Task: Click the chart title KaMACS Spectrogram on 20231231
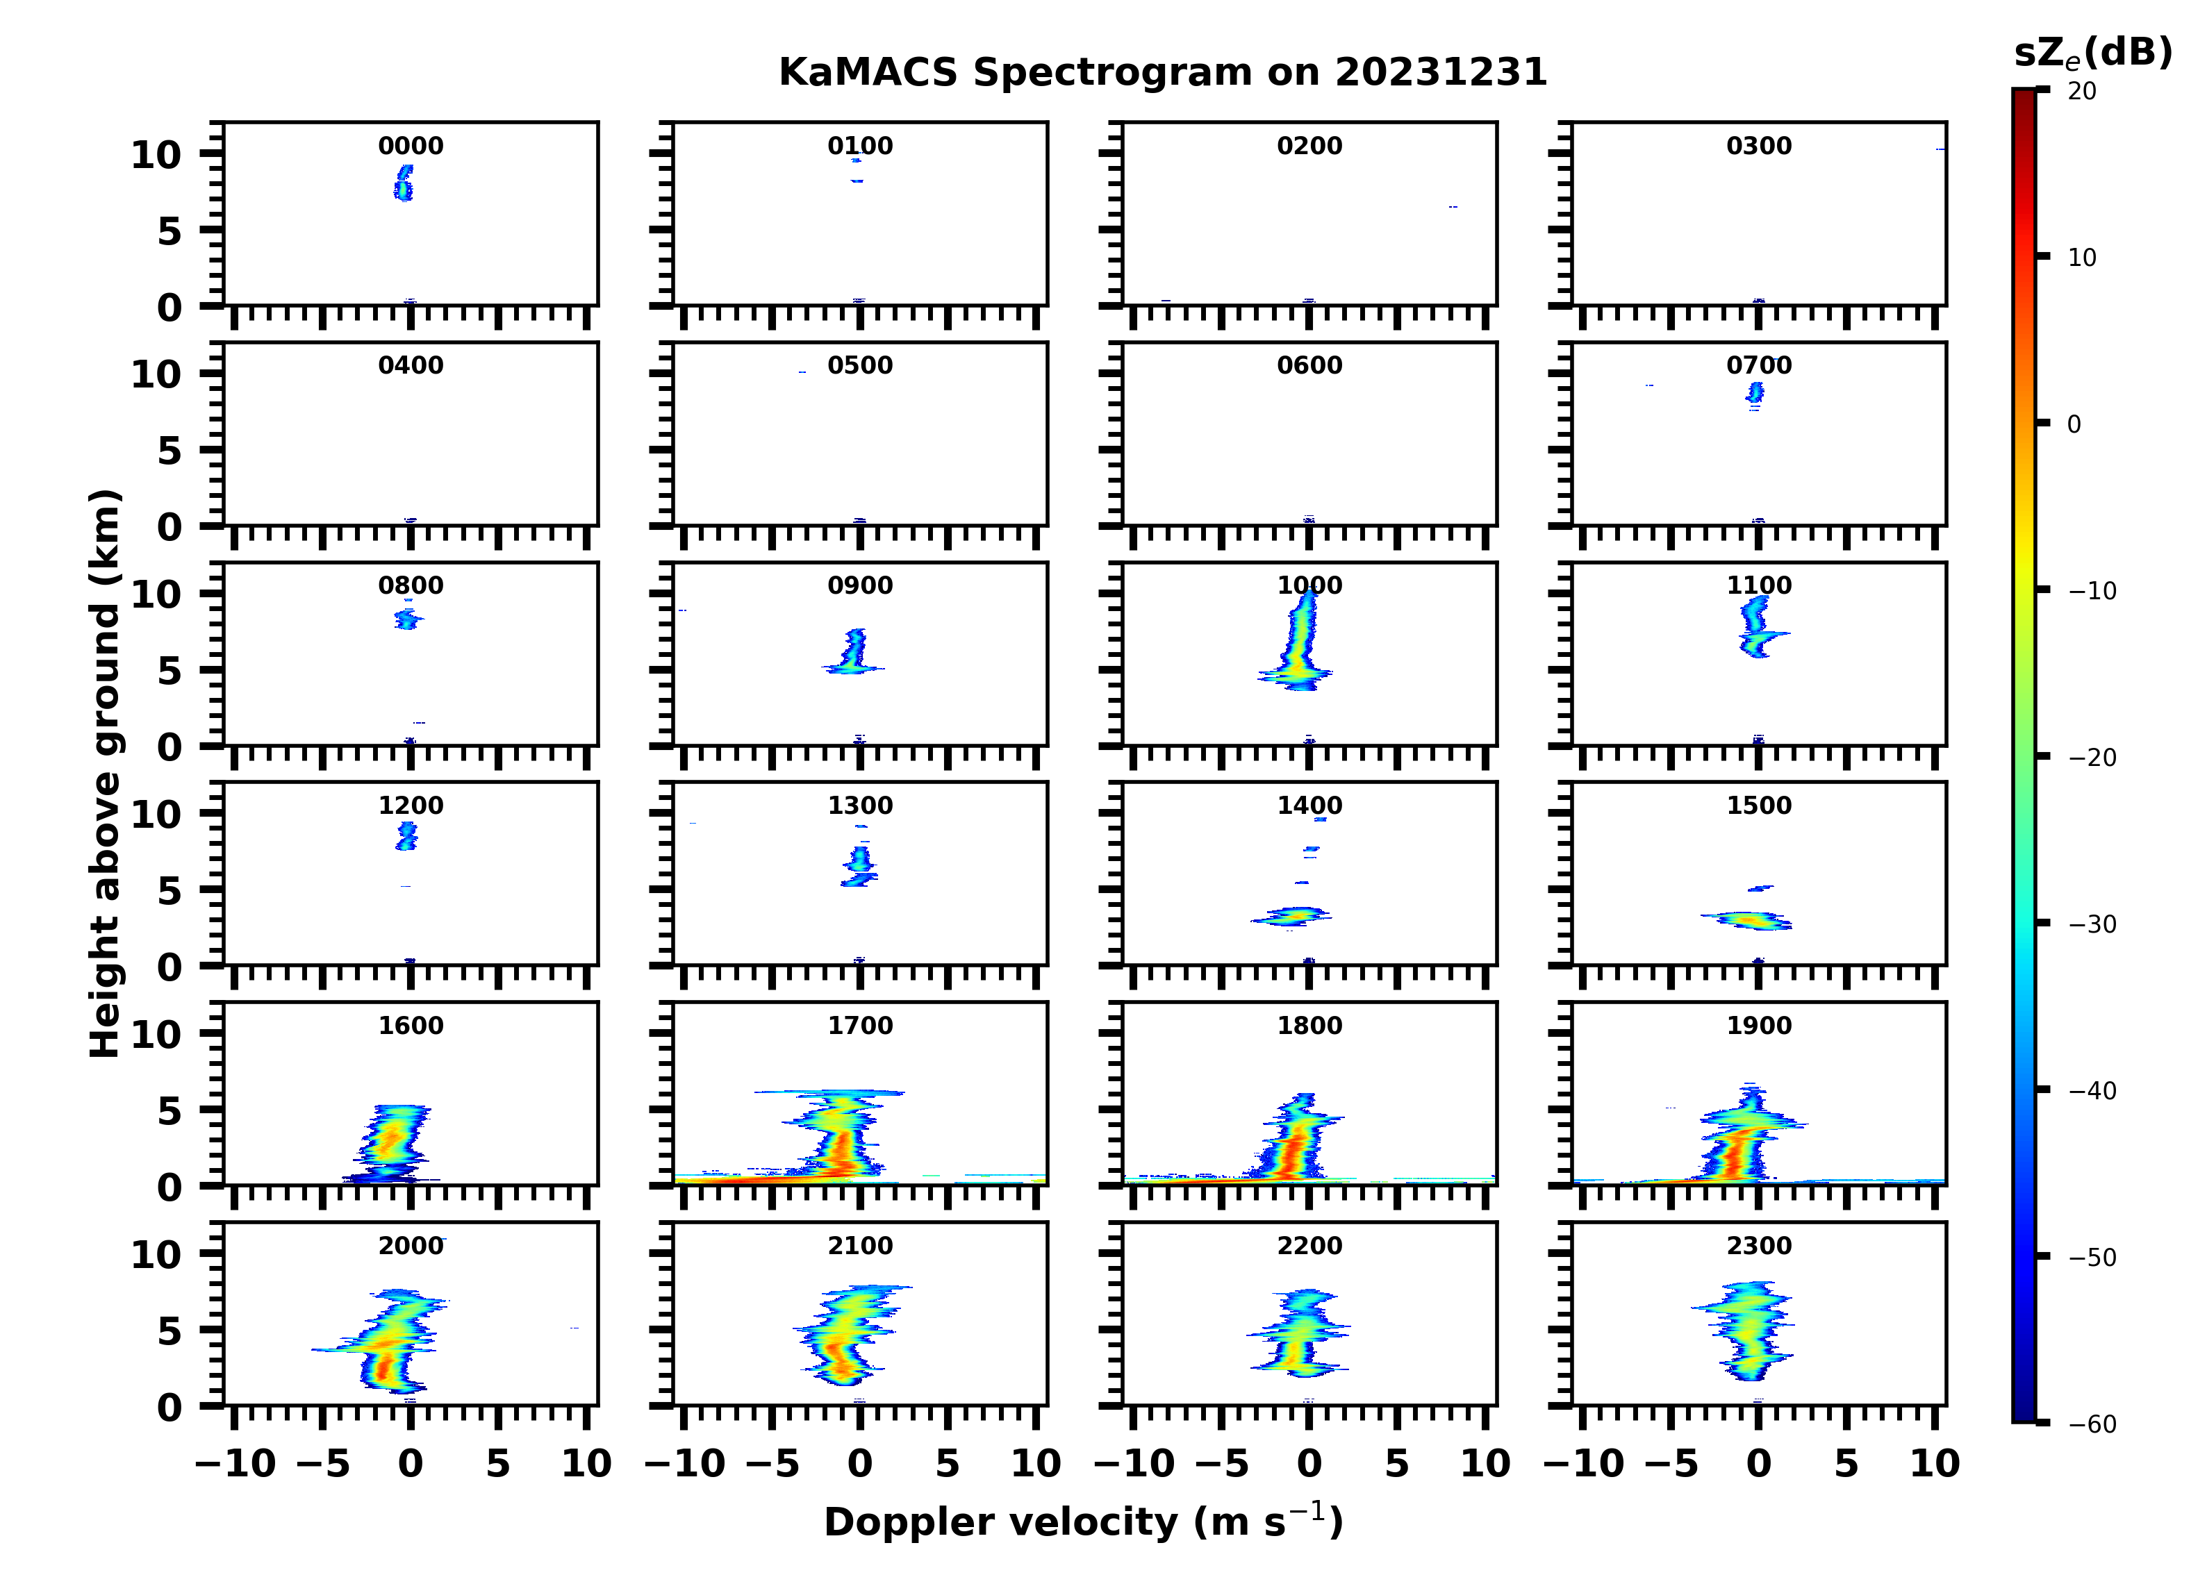point(1162,73)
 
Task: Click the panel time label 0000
point(411,146)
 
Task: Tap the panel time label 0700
point(1758,366)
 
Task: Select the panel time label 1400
point(1309,806)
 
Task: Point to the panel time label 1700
point(859,1026)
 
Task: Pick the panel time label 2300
point(1758,1245)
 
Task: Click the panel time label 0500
point(859,366)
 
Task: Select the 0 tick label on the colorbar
point(2074,424)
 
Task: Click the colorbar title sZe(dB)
point(2092,53)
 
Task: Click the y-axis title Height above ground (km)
point(105,774)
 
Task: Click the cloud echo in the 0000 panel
point(404,183)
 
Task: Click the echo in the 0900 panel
point(853,654)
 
